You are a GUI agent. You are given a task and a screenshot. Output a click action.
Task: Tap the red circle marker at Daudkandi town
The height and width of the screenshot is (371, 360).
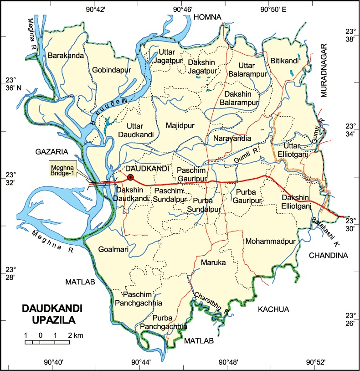click(130, 178)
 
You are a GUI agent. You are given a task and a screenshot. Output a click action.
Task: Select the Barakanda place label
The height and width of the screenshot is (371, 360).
click(66, 56)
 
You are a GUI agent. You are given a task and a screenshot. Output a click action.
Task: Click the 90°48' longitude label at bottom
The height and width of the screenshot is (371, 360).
click(227, 362)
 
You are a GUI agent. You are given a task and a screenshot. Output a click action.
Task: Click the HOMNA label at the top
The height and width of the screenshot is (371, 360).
click(207, 17)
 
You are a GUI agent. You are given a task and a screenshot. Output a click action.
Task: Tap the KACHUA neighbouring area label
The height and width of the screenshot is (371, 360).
click(273, 309)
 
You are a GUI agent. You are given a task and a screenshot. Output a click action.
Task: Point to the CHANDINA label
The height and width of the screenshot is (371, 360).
click(328, 256)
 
